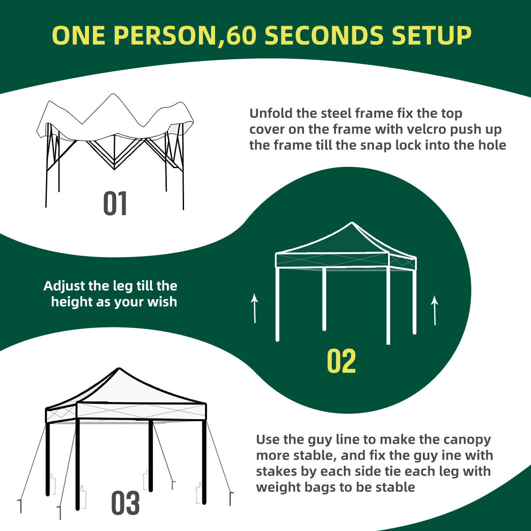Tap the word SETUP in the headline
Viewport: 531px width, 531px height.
431,35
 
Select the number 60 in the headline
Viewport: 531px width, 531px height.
240,35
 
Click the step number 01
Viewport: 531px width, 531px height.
115,204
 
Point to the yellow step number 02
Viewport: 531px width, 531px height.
341,361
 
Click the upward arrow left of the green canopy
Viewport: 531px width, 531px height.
254,308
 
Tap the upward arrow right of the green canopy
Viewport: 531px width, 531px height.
435,310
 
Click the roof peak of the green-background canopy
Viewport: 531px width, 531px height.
352,223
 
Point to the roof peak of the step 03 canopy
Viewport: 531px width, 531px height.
119,369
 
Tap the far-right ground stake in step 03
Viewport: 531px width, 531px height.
231,499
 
